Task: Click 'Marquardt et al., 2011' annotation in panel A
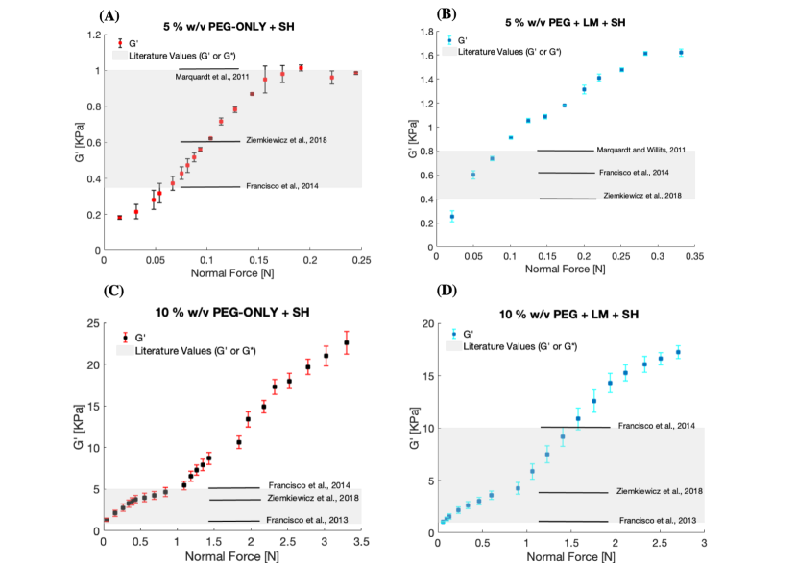[x=212, y=77]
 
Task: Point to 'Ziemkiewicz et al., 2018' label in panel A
[x=287, y=140]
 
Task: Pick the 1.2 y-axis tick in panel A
[x=91, y=35]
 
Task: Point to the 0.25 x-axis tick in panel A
[x=361, y=259]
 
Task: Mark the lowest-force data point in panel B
[x=452, y=217]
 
